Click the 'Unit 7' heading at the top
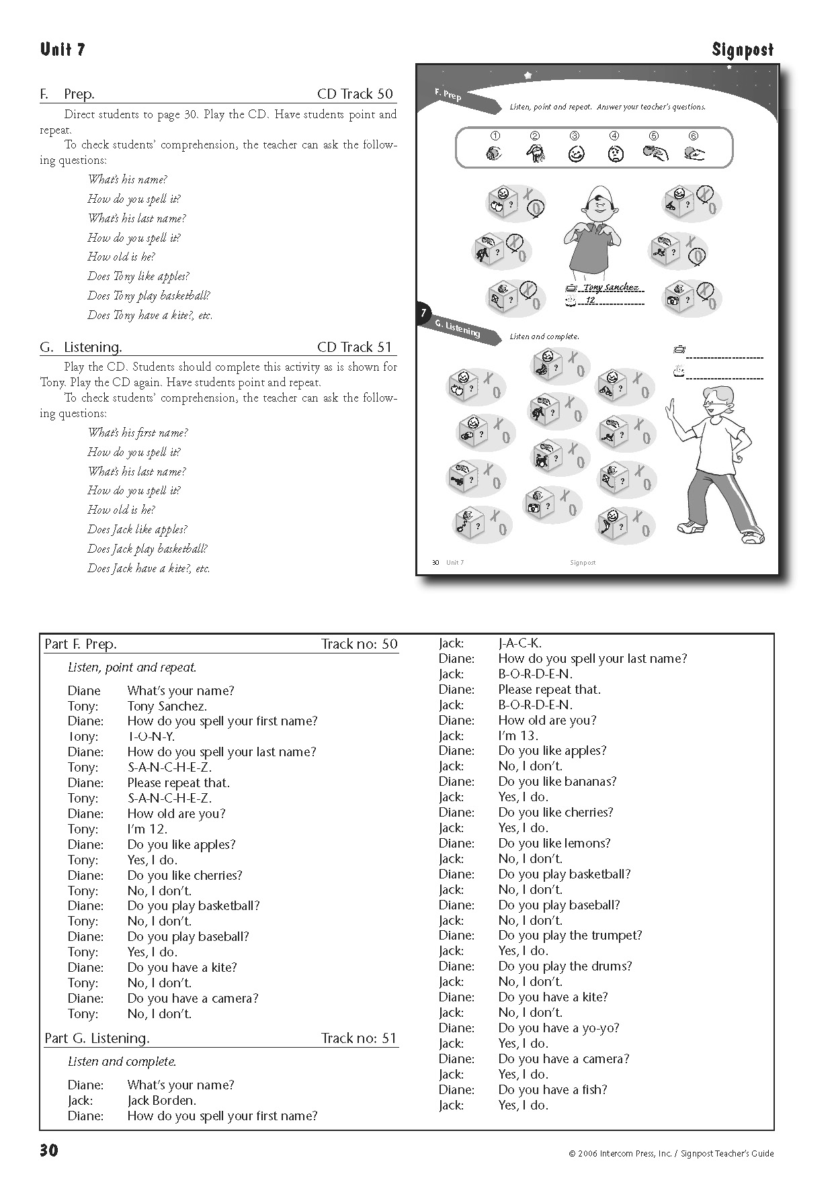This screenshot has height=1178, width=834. coord(62,50)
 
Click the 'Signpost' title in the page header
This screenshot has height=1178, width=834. coord(743,50)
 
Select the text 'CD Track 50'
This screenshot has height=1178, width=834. coord(355,94)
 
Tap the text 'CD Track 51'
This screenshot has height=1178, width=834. coord(354,347)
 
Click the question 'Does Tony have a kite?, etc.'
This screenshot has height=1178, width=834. coord(150,315)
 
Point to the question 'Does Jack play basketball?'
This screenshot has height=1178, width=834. coord(147,549)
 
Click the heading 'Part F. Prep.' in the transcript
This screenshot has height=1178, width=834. coord(81,644)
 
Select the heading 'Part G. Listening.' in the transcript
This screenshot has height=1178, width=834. coord(97,1038)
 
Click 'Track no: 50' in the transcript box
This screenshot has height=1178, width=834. coord(359,644)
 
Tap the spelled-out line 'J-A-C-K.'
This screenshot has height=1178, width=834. coord(519,643)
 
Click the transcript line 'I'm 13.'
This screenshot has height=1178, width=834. coord(518,735)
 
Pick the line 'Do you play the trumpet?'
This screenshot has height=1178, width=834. coord(570,935)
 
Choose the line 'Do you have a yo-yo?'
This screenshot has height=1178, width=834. coord(558,1028)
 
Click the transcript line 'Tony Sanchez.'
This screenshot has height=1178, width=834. coord(167,706)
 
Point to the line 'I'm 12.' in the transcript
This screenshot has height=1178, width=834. coord(147,829)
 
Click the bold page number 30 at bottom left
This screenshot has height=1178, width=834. coord(49,1150)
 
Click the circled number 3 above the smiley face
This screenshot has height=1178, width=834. coord(575,136)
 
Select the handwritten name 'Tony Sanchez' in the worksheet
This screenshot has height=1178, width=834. coord(610,287)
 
